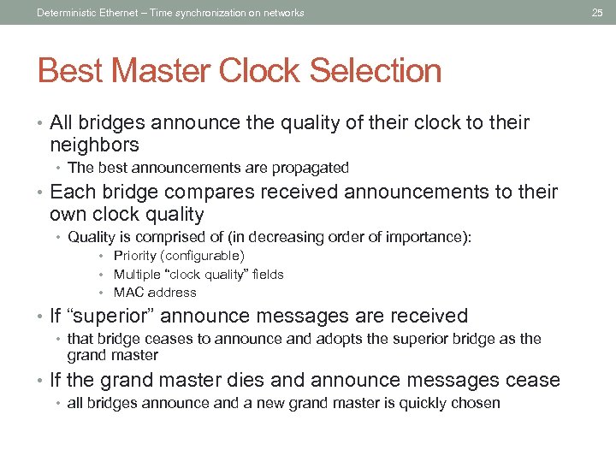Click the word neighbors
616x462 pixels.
coord(94,145)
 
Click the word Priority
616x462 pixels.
coord(135,256)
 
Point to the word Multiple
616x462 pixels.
coord(137,275)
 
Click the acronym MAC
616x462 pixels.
coord(128,293)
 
